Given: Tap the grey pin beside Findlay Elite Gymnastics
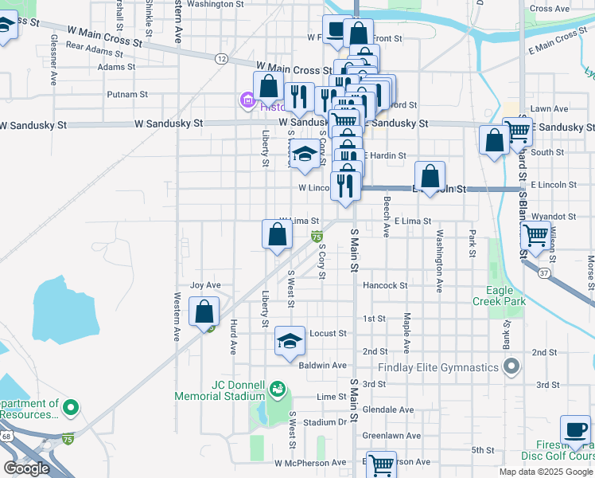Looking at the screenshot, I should point(511,367).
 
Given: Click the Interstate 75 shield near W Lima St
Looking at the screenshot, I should point(317,237).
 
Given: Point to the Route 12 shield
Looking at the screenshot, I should point(221,58).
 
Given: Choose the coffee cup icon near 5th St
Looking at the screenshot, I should point(575,430).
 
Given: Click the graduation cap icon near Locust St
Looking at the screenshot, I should point(290,342).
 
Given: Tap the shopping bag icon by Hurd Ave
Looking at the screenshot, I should point(205,312).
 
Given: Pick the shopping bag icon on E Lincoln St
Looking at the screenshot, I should point(430,177).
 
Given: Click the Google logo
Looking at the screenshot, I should point(26,468).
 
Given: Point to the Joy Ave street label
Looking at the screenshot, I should point(205,284).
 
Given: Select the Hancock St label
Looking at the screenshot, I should point(384,284).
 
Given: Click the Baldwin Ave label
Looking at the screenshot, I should point(323,365).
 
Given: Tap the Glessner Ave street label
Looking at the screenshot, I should point(54,60).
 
